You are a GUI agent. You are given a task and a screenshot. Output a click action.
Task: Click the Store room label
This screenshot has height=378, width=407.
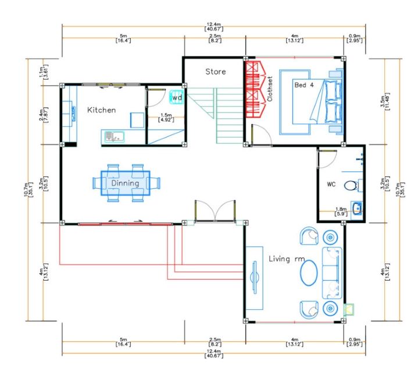coord(216,72)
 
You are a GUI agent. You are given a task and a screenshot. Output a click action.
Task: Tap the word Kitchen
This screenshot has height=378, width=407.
coord(102,110)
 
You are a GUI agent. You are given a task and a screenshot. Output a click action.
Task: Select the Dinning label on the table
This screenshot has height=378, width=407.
coord(125,183)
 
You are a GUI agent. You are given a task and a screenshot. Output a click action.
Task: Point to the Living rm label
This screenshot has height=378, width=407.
coord(287,259)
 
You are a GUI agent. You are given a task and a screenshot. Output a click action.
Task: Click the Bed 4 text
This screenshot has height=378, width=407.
coord(304,85)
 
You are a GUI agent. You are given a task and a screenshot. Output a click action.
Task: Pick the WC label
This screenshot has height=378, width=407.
coord(331,184)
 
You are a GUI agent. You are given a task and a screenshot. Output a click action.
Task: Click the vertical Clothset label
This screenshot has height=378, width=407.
coord(270,89)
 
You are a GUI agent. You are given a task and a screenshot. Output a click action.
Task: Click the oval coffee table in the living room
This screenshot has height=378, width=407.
coord(309,273)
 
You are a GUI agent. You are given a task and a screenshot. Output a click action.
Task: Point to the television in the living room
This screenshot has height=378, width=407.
coord(254,277)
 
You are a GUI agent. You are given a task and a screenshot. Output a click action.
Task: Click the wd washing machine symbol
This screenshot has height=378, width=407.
coord(177,97)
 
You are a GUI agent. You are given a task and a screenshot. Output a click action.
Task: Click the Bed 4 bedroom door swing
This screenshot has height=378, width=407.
coord(262,135)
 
